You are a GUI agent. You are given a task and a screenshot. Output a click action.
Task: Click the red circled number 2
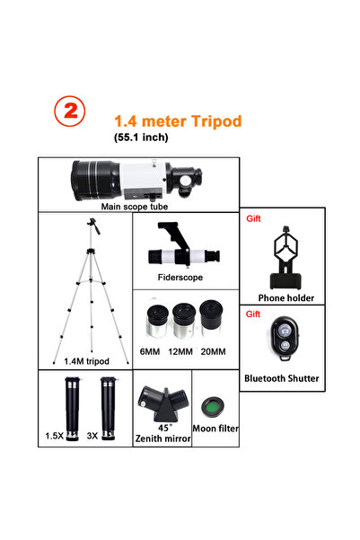coord(70,111)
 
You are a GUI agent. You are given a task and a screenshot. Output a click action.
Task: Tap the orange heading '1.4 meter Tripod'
coord(178,121)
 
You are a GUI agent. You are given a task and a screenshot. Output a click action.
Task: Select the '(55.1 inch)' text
coord(141,137)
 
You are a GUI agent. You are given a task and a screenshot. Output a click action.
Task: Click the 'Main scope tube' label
coord(135,207)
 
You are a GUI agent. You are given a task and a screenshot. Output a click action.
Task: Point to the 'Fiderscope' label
coord(180,278)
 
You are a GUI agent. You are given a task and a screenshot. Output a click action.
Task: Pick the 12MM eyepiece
coord(184,320)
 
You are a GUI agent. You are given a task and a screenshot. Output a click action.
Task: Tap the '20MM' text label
coord(214,351)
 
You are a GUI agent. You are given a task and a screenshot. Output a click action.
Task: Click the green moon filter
coord(213,407)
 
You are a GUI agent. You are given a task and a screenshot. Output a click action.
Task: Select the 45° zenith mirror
coord(163,404)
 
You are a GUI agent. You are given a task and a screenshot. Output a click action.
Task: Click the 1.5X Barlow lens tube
coord(73,409)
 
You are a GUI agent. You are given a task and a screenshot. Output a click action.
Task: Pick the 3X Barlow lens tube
coord(109,409)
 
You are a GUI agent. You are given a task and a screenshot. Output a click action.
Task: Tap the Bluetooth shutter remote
coord(285,338)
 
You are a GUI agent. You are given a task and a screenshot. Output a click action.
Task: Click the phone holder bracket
coord(285,258)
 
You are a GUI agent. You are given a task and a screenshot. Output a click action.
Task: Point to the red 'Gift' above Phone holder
coord(253,218)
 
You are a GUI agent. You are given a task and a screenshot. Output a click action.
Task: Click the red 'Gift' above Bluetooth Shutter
coord(253,314)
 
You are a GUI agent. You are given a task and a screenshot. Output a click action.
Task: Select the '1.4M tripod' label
coord(86,361)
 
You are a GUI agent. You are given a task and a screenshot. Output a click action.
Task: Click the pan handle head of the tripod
coord(93,226)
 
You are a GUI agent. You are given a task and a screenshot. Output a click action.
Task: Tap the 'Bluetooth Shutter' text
coord(282,378)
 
